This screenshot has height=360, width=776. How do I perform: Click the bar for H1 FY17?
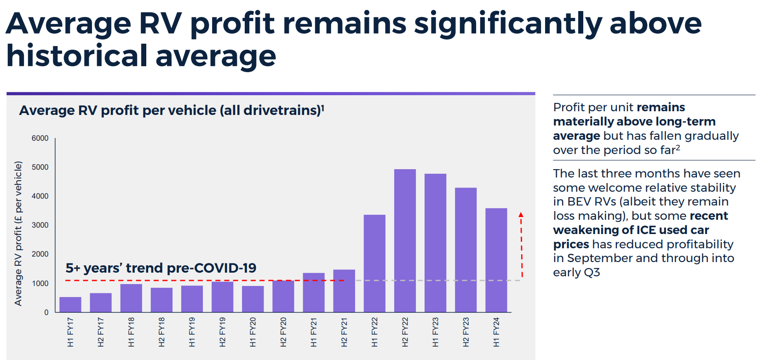click(70, 304)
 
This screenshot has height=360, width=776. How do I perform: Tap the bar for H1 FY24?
click(496, 260)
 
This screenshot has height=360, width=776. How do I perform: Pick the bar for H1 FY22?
click(374, 263)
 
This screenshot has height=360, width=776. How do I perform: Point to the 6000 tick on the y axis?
click(40, 138)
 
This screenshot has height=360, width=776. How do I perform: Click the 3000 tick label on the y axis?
click(40, 225)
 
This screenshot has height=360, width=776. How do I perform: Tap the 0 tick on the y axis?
click(46, 313)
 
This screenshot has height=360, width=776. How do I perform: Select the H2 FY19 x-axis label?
click(223, 332)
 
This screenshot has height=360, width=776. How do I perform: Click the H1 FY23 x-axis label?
click(436, 332)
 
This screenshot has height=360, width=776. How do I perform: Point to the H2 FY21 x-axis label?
click(344, 332)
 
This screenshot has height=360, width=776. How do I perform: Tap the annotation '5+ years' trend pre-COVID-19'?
click(161, 268)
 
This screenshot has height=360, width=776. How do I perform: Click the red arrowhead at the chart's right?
click(521, 215)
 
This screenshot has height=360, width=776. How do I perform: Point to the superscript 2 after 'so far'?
click(678, 148)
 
